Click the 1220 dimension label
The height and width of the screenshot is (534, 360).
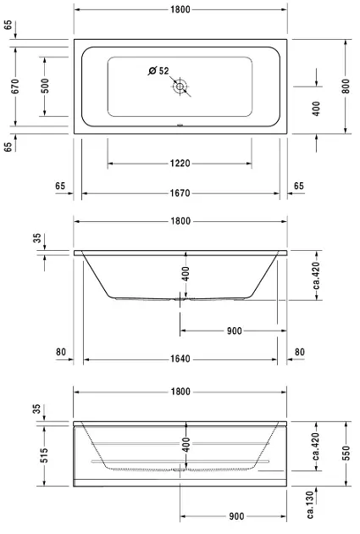pyautogui.click(x=180, y=163)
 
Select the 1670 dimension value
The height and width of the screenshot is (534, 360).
pyautogui.click(x=180, y=193)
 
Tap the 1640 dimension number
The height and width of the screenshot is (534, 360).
pyautogui.click(x=180, y=359)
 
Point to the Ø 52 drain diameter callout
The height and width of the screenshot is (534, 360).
pyautogui.click(x=158, y=71)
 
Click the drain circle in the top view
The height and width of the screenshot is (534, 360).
pyautogui.click(x=180, y=86)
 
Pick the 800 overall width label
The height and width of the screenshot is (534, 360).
pyautogui.click(x=346, y=86)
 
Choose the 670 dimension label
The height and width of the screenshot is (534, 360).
pyautogui.click(x=15, y=86)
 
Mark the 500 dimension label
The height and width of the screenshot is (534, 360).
pyautogui.click(x=45, y=86)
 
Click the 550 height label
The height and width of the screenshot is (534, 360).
pyautogui.click(x=346, y=453)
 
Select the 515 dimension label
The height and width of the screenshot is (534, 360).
pyautogui.click(x=44, y=455)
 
